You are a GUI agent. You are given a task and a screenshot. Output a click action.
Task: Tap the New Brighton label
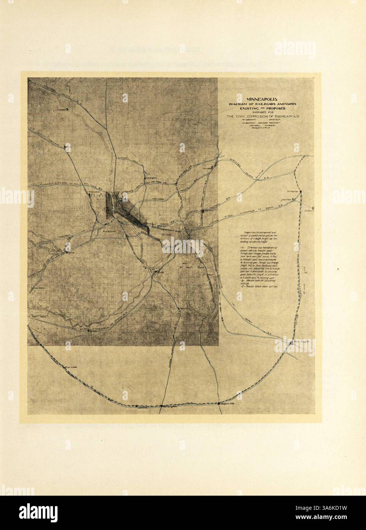click(x=151, y=178)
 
